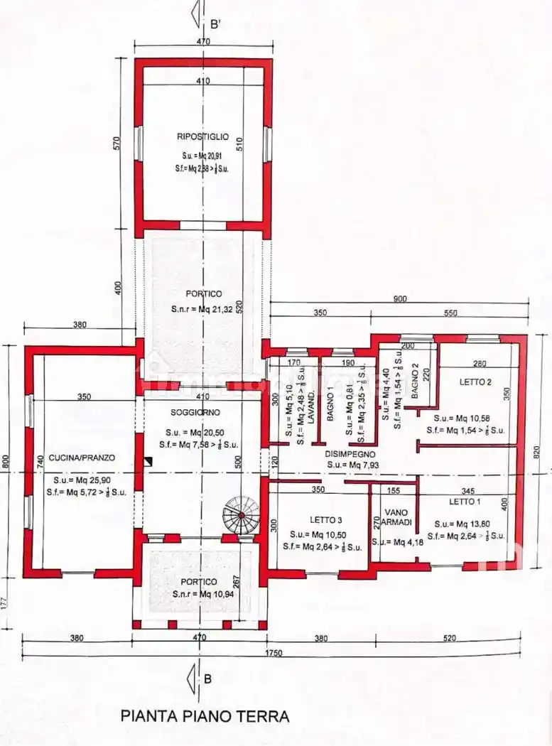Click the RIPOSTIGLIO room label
(203, 136)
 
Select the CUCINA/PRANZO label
(82, 458)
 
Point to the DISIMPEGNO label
(350, 453)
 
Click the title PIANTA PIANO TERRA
(205, 715)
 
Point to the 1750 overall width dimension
(274, 653)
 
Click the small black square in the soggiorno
(147, 461)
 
